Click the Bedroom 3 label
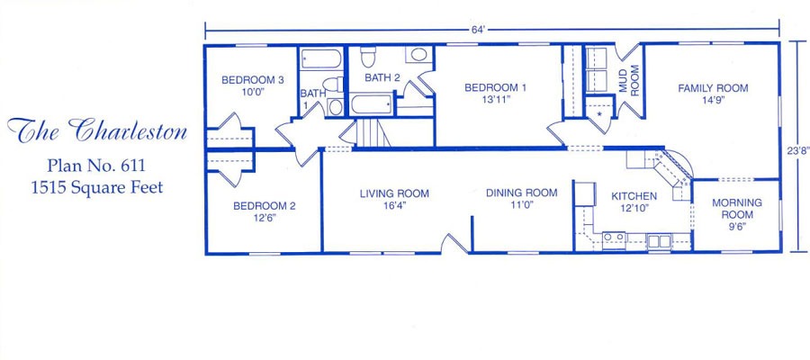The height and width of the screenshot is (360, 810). [253, 80]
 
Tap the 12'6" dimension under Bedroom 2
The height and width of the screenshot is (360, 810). [265, 218]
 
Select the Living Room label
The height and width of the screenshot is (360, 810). [394, 193]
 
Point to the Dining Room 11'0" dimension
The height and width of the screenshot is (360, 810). [521, 204]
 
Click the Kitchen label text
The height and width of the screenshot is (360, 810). [634, 196]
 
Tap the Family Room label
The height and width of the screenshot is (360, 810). [713, 88]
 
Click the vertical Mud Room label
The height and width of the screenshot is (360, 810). [629, 80]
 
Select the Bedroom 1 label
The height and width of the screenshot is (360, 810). [495, 88]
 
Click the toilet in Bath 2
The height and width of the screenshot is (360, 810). [368, 57]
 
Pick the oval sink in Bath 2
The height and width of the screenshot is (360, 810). [418, 54]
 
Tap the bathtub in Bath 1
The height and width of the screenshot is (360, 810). [320, 58]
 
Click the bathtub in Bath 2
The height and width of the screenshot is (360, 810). [372, 104]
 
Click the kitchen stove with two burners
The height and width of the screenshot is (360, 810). [614, 240]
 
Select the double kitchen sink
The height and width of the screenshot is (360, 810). [659, 241]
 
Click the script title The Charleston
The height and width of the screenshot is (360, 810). [96, 130]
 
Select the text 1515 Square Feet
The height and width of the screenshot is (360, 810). [97, 187]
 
